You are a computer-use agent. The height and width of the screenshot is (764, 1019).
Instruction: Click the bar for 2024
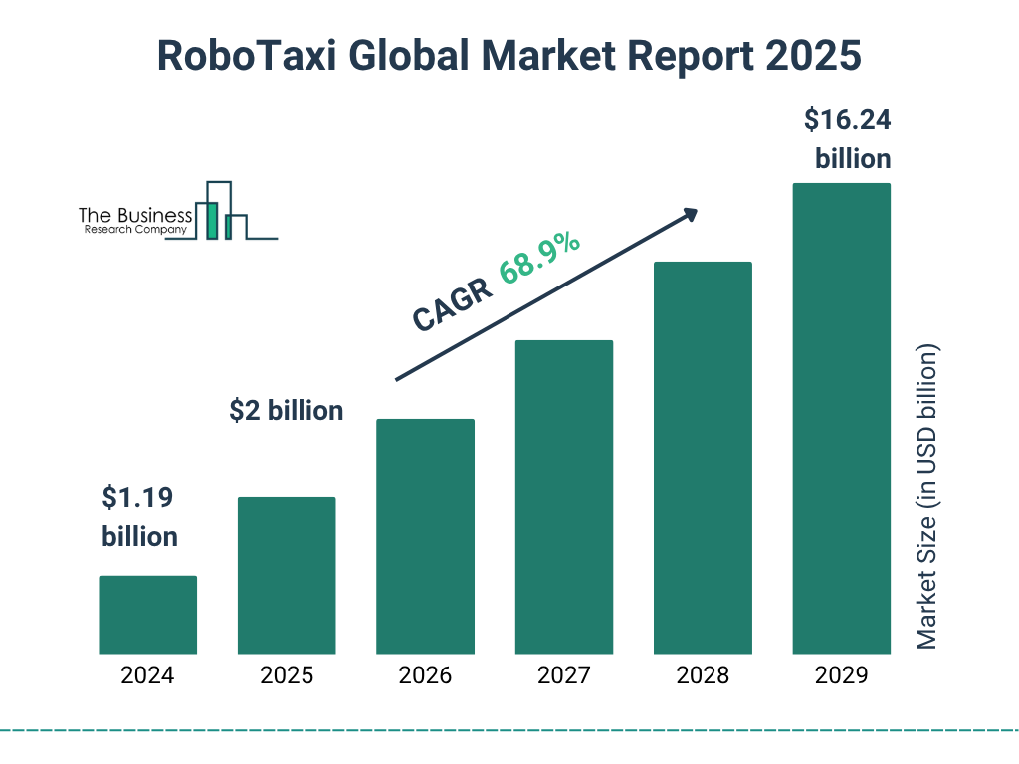(147, 615)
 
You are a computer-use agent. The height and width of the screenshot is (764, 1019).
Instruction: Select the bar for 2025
(287, 575)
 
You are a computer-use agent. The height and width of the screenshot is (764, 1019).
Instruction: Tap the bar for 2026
(425, 536)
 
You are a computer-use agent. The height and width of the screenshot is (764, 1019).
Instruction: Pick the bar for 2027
(563, 497)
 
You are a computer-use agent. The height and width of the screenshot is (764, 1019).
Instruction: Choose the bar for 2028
(703, 458)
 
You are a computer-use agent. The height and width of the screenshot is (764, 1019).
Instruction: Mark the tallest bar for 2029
(841, 418)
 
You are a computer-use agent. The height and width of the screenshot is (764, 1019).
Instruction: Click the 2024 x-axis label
(147, 676)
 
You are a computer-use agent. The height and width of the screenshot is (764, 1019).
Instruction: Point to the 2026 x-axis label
(425, 676)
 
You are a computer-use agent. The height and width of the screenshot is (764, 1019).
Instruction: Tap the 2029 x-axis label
(841, 676)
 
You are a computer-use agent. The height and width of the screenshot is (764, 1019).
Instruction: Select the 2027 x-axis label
(563, 676)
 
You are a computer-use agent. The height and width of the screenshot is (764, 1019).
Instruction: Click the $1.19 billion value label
(140, 516)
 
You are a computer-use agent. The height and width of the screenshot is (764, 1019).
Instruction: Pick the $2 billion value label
(286, 410)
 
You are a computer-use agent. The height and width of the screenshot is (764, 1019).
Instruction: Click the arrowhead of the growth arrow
(689, 214)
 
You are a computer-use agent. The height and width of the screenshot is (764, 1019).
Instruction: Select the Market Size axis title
(927, 497)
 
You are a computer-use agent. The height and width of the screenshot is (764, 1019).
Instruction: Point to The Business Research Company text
(133, 222)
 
